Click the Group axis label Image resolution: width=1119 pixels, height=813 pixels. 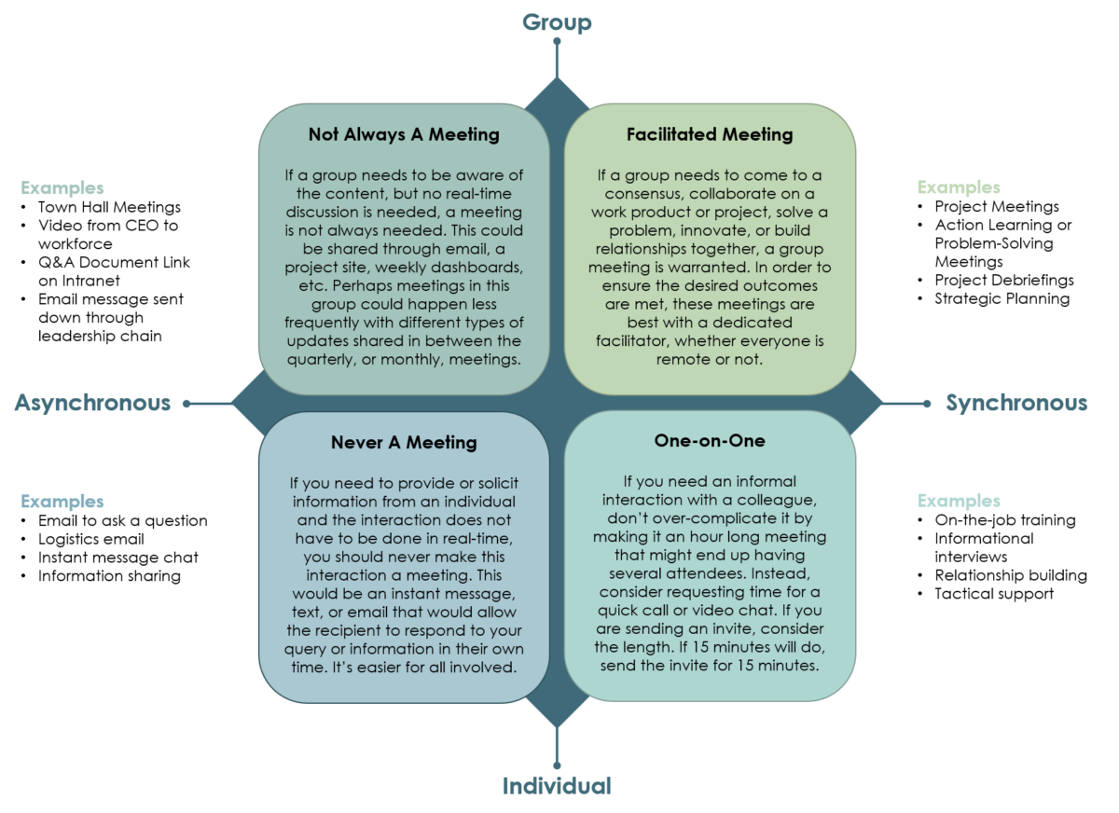pyautogui.click(x=557, y=21)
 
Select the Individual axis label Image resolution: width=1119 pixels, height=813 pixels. pyautogui.click(x=557, y=786)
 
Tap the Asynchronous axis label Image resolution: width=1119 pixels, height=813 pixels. pyautogui.click(x=92, y=403)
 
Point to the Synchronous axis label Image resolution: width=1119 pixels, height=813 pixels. pyautogui.click(x=1015, y=403)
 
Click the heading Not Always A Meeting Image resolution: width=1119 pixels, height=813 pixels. pyautogui.click(x=404, y=134)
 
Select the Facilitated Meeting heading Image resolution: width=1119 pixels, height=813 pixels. pyautogui.click(x=710, y=134)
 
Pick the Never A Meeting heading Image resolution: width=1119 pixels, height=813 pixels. pyautogui.click(x=404, y=442)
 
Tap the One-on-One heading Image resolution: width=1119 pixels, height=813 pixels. pyautogui.click(x=710, y=440)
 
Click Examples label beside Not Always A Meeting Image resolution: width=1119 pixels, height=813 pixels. pyautogui.click(x=62, y=187)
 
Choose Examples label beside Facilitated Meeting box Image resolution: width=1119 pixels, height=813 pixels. pyautogui.click(x=959, y=187)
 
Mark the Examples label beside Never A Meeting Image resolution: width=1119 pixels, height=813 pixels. pyautogui.click(x=62, y=502)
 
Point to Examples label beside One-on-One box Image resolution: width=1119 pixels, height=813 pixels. pyautogui.click(x=959, y=501)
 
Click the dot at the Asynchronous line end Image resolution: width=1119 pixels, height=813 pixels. pyautogui.click(x=186, y=404)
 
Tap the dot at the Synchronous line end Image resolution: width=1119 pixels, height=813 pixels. pyautogui.click(x=926, y=404)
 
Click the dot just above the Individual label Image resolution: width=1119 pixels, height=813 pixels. pyautogui.click(x=557, y=765)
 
